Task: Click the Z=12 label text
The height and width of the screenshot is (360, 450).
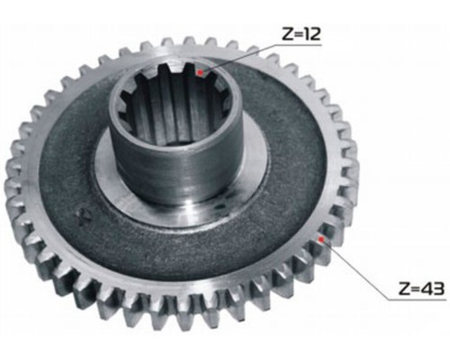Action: pos(301,33)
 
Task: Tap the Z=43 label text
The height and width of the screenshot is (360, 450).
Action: pos(421,289)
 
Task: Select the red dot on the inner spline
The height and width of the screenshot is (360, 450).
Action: pos(200,73)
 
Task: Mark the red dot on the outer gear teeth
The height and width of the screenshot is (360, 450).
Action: pos(321,239)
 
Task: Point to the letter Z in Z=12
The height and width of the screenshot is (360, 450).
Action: pos(287,33)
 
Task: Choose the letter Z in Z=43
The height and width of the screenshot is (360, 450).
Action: pos(405,289)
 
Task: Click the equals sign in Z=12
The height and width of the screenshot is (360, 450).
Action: pos(299,34)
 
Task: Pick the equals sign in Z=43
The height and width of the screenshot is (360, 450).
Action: pos(416,289)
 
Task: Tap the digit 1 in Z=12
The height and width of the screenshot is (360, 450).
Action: pos(307,33)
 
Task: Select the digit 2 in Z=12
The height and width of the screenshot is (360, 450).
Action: pos(315,33)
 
